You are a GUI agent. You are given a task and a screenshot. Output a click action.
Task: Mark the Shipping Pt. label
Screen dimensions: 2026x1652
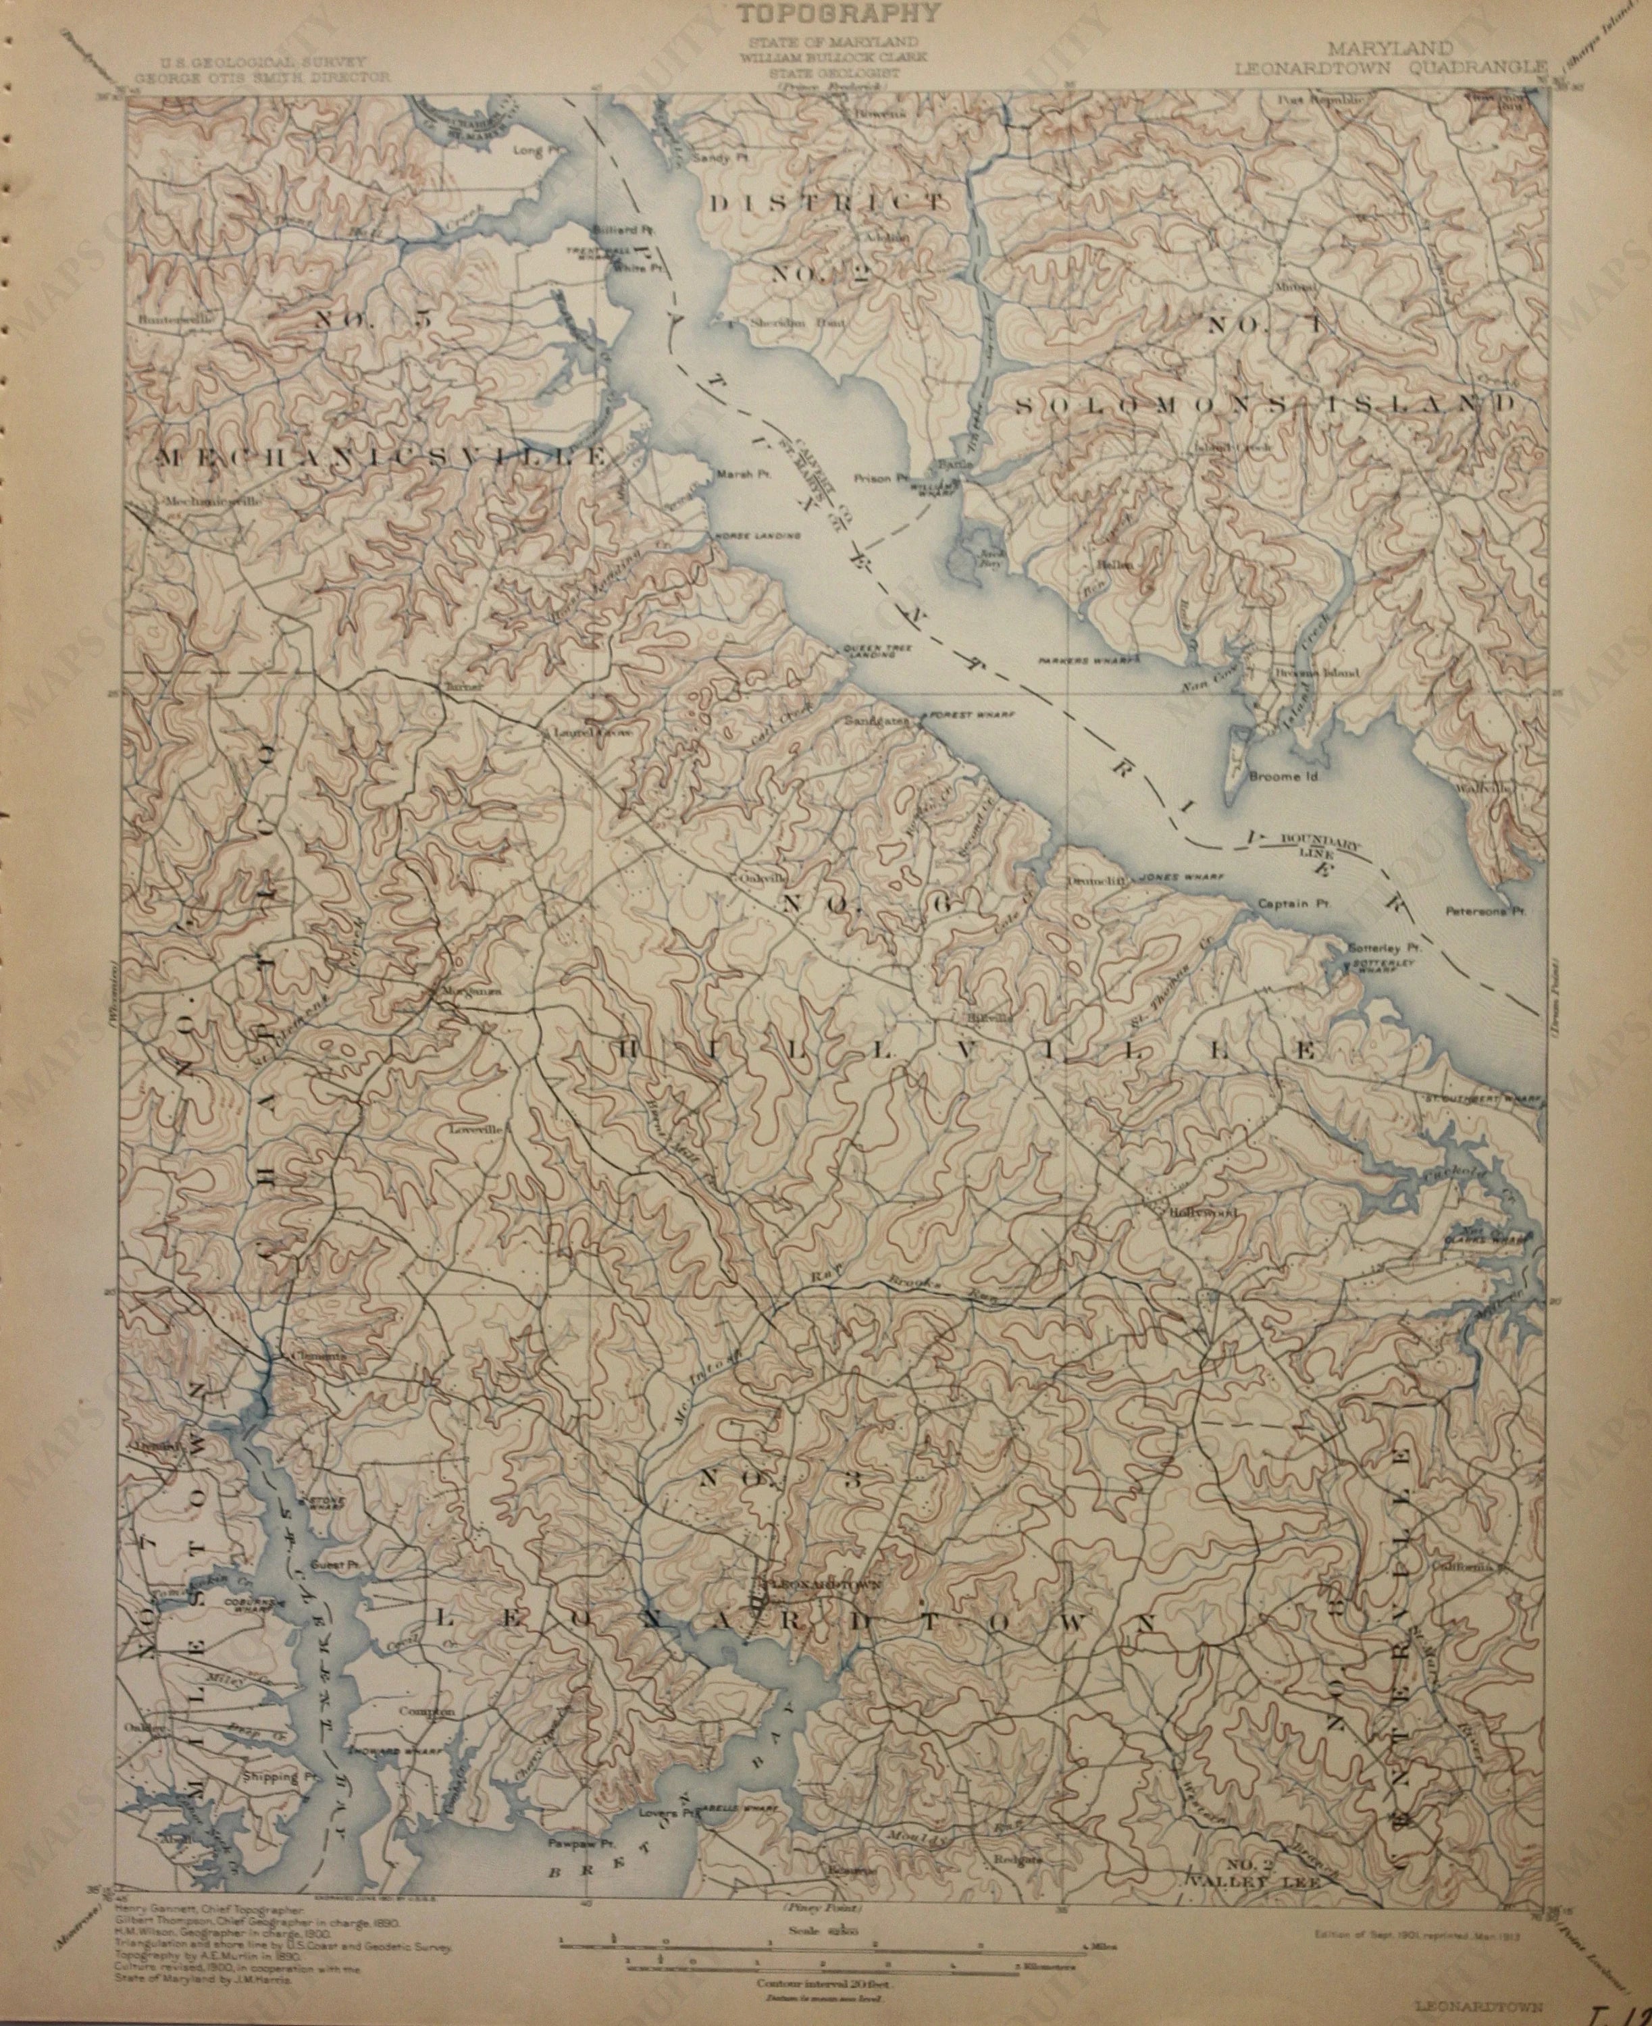[277, 1775]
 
